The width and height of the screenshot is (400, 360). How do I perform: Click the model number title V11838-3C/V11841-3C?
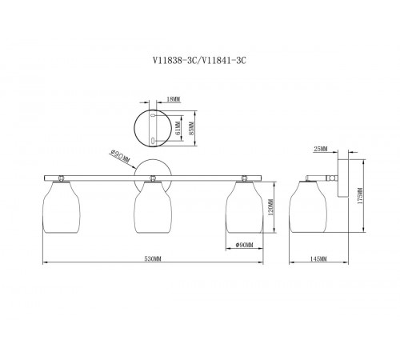coord(199,61)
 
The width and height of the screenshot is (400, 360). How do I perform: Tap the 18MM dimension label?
coord(174,99)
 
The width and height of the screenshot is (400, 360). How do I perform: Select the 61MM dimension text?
coord(178,128)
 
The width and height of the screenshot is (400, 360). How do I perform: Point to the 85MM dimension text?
coord(191,128)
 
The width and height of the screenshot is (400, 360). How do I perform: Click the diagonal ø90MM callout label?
coord(120,157)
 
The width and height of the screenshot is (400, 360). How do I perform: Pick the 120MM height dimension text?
coord(271,207)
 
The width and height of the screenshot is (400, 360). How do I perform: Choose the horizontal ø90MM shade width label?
coord(245,245)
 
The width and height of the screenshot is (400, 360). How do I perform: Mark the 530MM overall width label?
coord(153,258)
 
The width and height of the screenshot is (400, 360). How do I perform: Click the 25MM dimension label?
coord(321,149)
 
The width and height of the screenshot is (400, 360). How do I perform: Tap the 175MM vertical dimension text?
coord(360,196)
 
